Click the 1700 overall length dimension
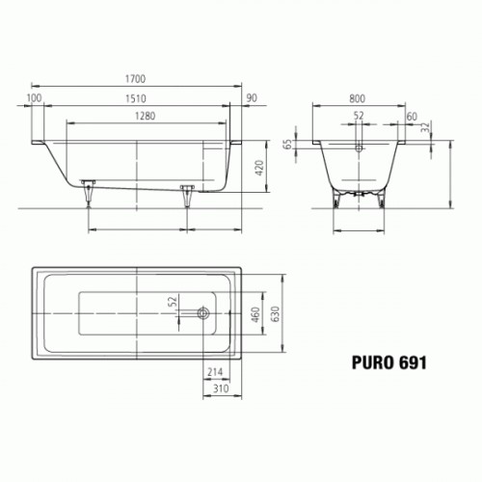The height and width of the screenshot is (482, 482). pyautogui.click(x=135, y=79)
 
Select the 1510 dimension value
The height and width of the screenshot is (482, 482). pyautogui.click(x=135, y=98)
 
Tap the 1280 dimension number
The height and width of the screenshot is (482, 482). pyautogui.click(x=145, y=116)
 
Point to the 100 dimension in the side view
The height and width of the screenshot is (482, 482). pyautogui.click(x=34, y=97)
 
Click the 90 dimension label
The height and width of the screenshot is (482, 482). pyautogui.click(x=252, y=98)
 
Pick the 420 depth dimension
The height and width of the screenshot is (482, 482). pyautogui.click(x=259, y=168)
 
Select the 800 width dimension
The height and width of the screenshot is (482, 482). pyautogui.click(x=357, y=98)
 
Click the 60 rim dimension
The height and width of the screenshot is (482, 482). pyautogui.click(x=412, y=117)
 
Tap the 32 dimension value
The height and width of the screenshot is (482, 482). pyautogui.click(x=425, y=127)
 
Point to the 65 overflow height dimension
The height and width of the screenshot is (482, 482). pyautogui.click(x=288, y=145)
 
